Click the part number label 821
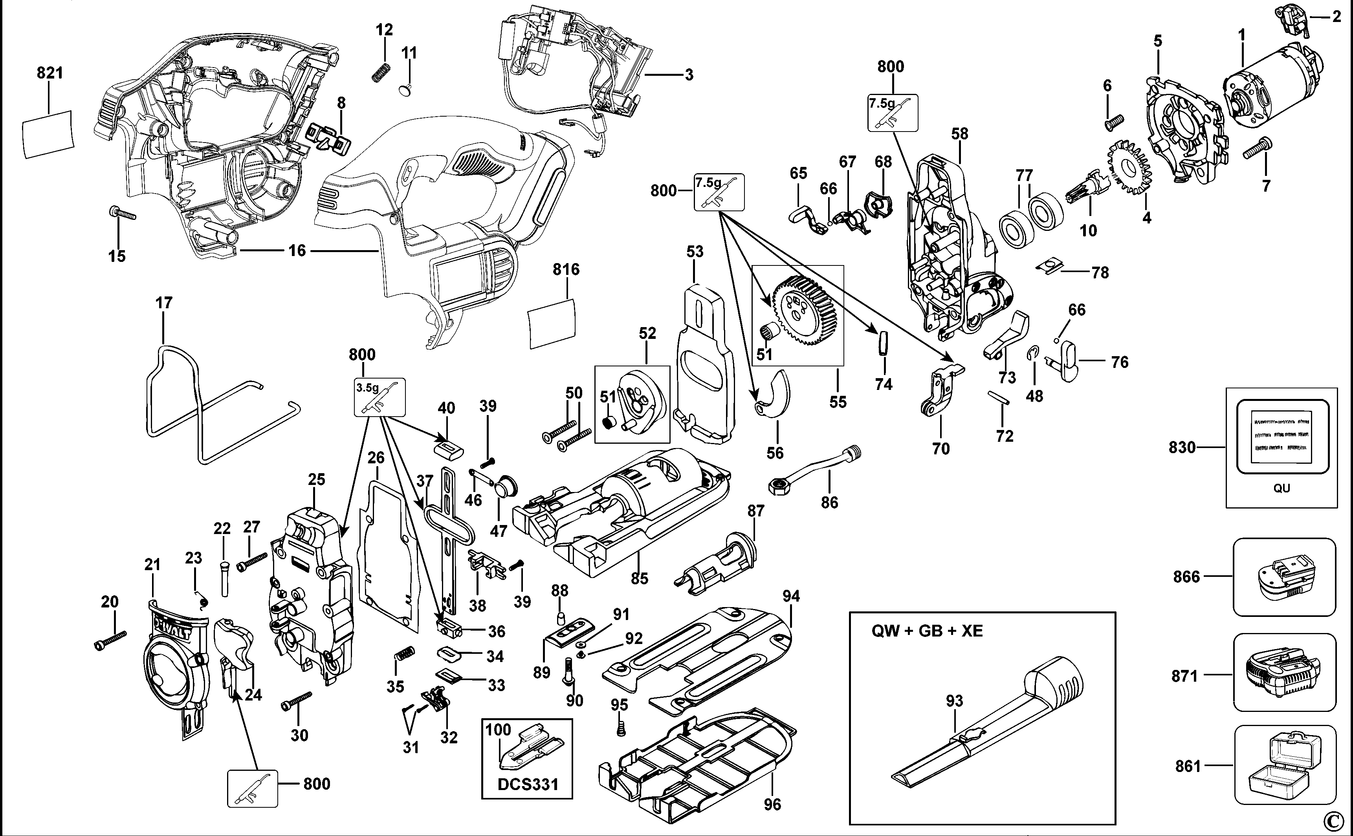coord(50,73)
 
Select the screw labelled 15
coord(122,214)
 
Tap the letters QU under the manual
coord(1281,488)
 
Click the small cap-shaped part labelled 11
coord(407,89)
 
